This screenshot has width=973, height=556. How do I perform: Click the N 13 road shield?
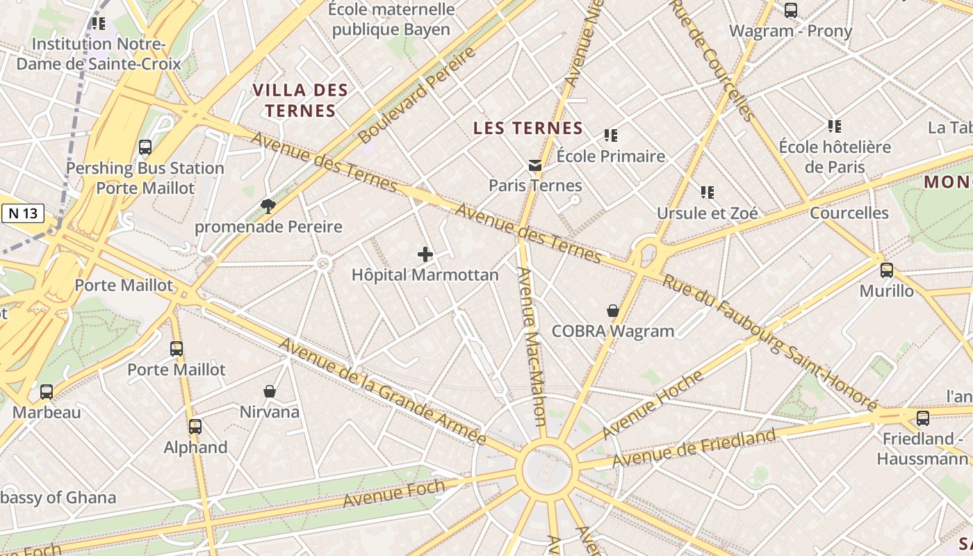(23, 214)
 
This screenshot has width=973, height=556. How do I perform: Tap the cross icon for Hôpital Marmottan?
(425, 254)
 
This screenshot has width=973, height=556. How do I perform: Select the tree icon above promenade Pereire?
(268, 206)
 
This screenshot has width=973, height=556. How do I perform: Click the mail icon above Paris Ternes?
(534, 165)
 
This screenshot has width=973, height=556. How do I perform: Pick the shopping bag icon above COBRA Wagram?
(612, 310)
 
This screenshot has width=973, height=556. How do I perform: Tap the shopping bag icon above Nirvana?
(270, 391)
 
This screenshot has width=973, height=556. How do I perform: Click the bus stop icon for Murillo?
(886, 270)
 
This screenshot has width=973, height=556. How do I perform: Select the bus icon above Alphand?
(195, 426)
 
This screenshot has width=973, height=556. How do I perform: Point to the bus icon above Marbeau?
(47, 391)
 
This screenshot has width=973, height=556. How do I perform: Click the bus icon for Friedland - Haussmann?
(922, 418)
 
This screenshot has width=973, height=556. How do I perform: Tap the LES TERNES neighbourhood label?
(528, 128)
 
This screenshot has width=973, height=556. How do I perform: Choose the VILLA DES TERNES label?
(300, 100)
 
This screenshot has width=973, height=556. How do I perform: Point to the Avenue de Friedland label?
(693, 448)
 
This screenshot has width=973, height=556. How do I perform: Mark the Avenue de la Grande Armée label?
(382, 391)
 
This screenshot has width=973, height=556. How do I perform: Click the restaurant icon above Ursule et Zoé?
(707, 192)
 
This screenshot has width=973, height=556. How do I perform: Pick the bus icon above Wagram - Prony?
(790, 10)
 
